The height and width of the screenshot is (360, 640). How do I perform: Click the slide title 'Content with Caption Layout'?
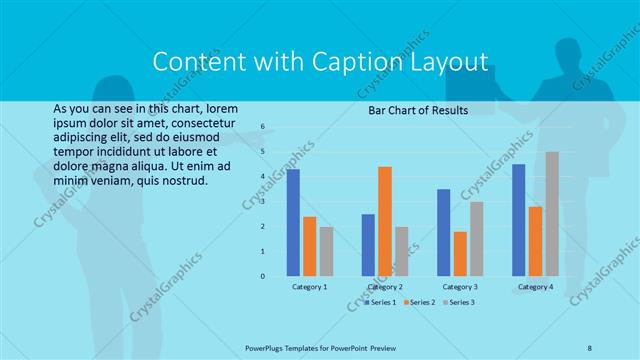[x=320, y=62]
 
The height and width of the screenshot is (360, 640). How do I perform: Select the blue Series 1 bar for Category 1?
[x=293, y=222]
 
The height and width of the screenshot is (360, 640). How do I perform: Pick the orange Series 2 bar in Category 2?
[x=385, y=221]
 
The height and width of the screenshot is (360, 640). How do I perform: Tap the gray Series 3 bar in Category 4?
[x=552, y=213]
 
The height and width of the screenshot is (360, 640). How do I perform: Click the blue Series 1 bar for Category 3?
[x=443, y=232]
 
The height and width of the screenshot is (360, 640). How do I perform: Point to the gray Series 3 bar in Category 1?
[x=327, y=251]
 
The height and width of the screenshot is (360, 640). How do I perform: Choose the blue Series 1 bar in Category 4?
[x=518, y=220]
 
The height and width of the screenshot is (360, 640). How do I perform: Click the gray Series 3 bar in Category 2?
[x=401, y=251]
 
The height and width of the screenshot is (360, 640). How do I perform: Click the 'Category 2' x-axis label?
[x=385, y=287]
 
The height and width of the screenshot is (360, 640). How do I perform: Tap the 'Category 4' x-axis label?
[x=535, y=287]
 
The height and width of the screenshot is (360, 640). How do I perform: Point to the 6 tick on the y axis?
[x=262, y=127]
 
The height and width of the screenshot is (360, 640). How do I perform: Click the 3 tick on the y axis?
[x=262, y=202]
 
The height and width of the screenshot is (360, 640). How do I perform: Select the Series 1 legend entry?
[x=381, y=301]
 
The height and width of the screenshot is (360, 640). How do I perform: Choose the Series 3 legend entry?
[x=459, y=301]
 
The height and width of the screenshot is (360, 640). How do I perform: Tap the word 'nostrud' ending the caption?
[x=184, y=181]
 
